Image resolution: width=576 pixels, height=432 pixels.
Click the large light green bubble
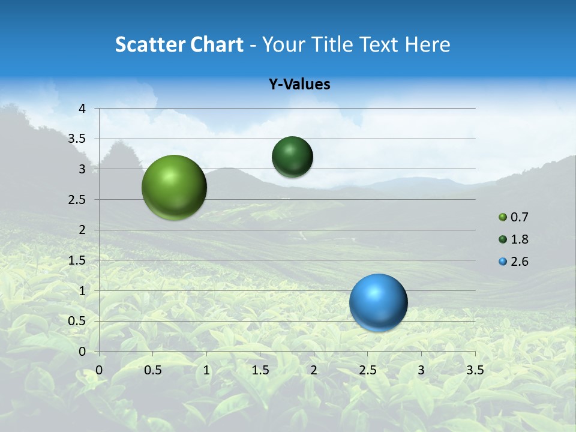174,187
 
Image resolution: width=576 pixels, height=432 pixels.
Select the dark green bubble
292,157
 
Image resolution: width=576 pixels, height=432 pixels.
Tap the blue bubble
378,302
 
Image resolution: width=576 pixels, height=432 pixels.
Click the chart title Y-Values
299,84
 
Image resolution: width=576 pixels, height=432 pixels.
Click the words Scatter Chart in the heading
179,44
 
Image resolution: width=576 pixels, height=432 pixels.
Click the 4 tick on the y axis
83,109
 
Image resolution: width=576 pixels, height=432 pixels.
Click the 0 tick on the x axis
99,370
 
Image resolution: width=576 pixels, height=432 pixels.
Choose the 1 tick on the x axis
206,370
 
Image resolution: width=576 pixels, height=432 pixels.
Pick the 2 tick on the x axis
314,370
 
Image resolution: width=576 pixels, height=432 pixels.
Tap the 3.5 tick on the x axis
475,370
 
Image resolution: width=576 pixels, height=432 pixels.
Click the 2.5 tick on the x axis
367,370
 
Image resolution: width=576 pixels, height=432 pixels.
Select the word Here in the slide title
427,44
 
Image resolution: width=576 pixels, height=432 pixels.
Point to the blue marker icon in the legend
503,262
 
